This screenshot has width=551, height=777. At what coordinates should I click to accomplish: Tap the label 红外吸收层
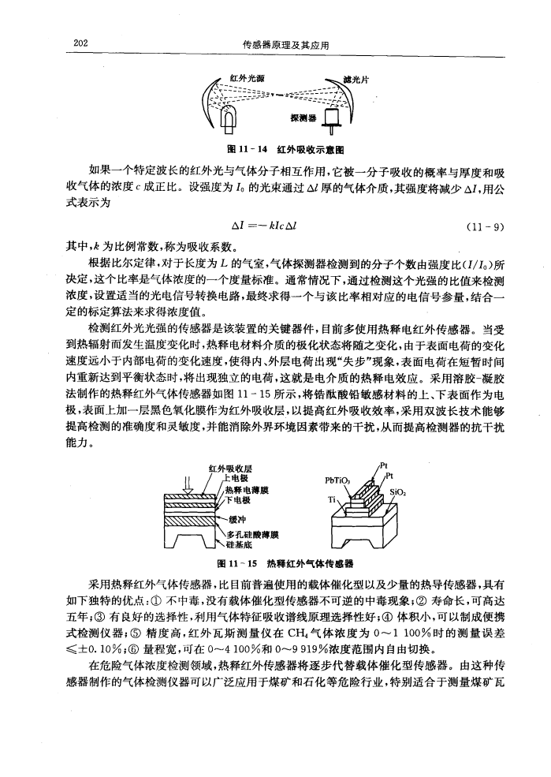pyautogui.click(x=226, y=469)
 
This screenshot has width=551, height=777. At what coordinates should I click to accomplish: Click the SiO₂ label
pyautogui.click(x=393, y=490)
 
